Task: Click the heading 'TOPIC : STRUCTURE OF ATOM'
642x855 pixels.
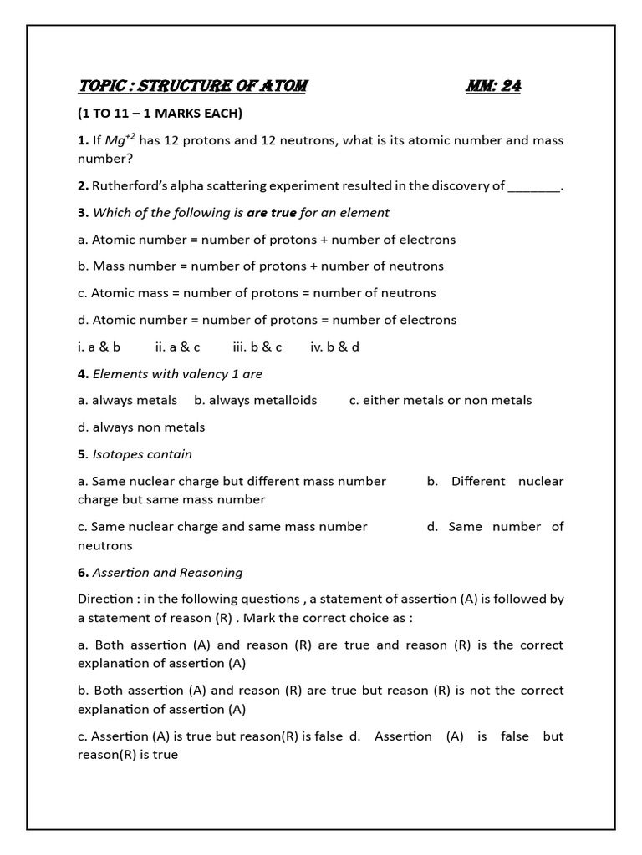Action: click(x=192, y=86)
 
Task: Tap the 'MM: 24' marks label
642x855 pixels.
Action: click(x=493, y=86)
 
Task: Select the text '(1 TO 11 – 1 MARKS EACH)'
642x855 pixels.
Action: click(x=160, y=113)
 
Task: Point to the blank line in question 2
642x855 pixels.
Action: click(x=534, y=185)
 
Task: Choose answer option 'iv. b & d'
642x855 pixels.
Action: click(x=334, y=347)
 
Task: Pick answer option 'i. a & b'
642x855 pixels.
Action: click(x=99, y=347)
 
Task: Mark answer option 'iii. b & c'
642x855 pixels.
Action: click(x=257, y=347)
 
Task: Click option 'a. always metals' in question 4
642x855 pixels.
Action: click(x=127, y=400)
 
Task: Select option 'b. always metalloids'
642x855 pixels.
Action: click(x=255, y=400)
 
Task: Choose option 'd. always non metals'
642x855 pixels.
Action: click(x=141, y=427)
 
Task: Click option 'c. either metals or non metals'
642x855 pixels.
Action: click(x=441, y=400)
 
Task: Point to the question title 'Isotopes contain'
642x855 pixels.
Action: click(x=142, y=454)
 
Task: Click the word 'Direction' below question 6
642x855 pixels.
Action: click(x=104, y=599)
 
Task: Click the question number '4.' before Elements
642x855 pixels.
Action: click(x=83, y=373)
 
